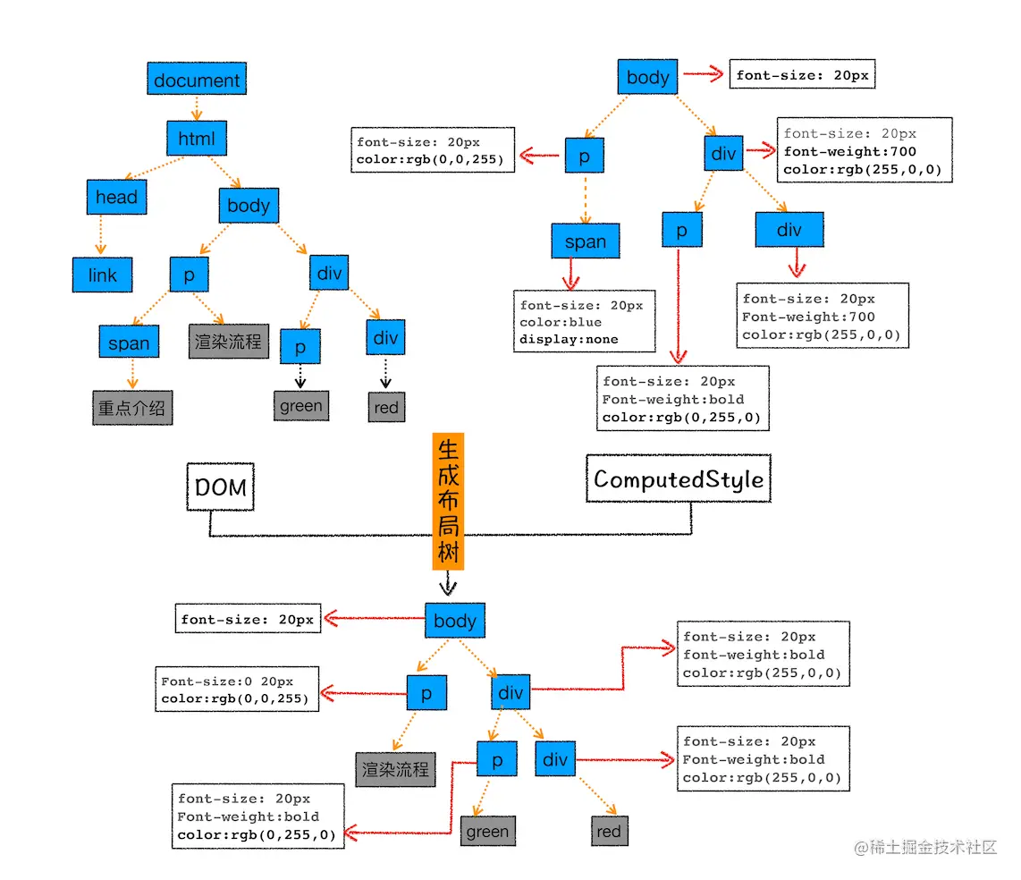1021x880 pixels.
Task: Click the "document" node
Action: pos(197,80)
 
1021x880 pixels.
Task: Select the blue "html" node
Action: pos(197,139)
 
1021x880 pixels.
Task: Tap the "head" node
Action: pos(116,197)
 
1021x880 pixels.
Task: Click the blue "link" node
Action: pos(102,275)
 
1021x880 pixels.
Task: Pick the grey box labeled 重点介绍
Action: pos(132,408)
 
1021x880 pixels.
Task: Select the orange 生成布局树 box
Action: pos(448,502)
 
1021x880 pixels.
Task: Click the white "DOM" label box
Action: pos(220,487)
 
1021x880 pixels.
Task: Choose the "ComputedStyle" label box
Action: pos(679,479)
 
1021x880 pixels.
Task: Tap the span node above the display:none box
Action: pos(586,241)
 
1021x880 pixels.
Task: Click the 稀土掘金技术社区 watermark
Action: pos(925,847)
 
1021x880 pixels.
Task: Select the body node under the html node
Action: pos(249,206)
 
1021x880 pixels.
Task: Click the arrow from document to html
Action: pos(197,107)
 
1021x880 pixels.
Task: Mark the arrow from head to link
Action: pos(100,236)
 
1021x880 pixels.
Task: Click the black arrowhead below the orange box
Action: pos(448,587)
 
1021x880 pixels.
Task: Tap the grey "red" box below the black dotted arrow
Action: pos(386,408)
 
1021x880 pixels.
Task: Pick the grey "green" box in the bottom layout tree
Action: pos(487,832)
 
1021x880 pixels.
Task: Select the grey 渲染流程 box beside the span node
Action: pos(228,342)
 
